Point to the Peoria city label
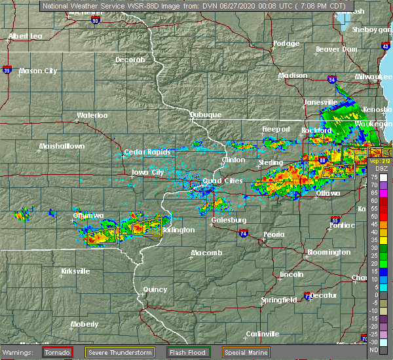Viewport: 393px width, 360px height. tap(274, 234)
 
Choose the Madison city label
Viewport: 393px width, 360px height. tap(293, 75)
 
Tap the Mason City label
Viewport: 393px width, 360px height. tap(39, 71)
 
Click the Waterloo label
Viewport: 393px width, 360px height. tap(92, 116)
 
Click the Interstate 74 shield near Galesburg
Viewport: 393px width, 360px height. tap(243, 232)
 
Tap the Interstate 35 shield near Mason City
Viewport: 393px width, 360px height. tap(6, 69)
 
